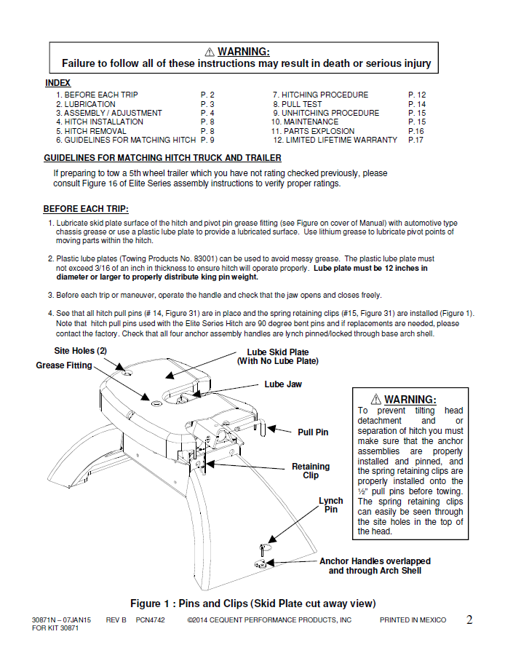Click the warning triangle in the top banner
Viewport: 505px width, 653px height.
pos(209,52)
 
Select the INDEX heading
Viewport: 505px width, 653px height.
pos(57,84)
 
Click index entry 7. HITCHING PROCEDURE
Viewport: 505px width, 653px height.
pos(320,95)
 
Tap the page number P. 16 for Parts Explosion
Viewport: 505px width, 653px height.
pos(415,131)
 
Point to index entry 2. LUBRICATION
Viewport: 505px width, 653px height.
pos(85,104)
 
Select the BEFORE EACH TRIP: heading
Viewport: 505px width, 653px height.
pos(85,209)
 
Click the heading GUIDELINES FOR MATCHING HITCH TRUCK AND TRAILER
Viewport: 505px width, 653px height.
pos(162,158)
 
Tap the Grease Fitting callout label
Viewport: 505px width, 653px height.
pos(64,365)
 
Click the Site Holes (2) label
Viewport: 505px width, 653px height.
pos(81,351)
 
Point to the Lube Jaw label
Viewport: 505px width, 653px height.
pos(283,384)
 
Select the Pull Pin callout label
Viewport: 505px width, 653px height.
pos(313,432)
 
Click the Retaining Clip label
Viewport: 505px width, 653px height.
pos(311,471)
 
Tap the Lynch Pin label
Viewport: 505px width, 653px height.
pos(331,505)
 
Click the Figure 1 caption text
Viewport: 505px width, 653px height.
pos(252,603)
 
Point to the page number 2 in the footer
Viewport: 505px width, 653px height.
pos(469,620)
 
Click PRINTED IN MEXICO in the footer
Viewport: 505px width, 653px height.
pos(413,620)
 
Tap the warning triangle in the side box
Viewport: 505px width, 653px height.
pos(375,399)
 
